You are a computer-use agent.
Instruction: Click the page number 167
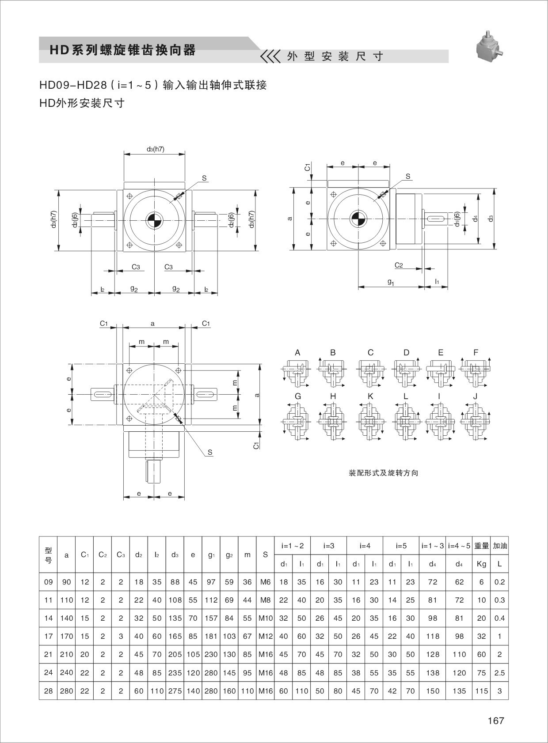point(495,720)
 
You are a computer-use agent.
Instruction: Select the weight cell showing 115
point(481,691)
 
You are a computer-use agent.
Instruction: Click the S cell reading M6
point(265,582)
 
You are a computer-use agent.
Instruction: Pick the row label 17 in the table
point(48,636)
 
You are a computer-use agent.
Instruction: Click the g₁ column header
point(211,555)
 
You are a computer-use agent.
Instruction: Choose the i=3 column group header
point(328,546)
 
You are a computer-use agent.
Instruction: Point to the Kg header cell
point(481,564)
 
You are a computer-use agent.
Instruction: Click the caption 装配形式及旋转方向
point(383,473)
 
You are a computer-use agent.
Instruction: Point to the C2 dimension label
point(399,265)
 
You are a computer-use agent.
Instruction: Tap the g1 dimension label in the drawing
point(391,281)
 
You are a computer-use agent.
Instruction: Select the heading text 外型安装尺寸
point(335,57)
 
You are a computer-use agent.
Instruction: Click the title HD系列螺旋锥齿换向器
point(122,50)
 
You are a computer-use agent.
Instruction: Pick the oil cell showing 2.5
point(499,673)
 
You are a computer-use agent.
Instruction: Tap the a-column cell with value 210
point(66,654)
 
